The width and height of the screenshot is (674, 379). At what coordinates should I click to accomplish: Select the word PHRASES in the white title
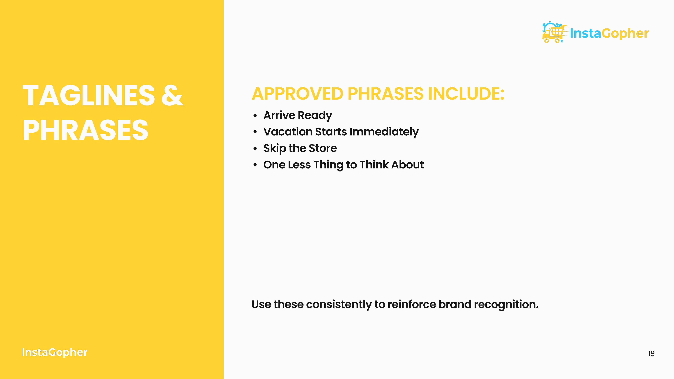click(x=86, y=130)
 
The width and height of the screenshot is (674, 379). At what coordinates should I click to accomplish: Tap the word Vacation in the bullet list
click(x=288, y=132)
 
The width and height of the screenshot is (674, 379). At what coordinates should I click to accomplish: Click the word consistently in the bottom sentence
click(x=339, y=304)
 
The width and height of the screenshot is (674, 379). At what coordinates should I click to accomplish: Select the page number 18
click(x=651, y=354)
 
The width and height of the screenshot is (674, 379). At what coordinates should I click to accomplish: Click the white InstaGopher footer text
click(x=54, y=352)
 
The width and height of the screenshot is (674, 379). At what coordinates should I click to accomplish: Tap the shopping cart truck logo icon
click(x=554, y=33)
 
